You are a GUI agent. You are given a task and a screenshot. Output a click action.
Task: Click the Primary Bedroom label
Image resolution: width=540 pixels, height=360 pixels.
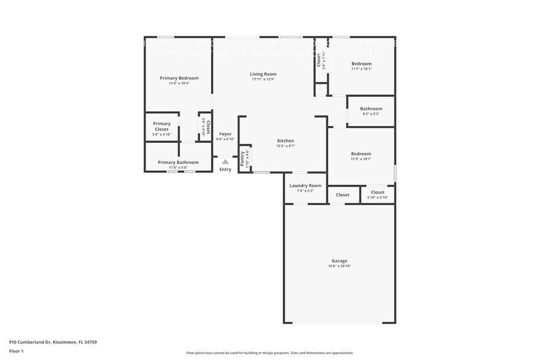point(179,78)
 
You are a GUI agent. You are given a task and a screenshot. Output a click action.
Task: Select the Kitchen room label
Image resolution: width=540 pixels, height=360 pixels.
point(285,141)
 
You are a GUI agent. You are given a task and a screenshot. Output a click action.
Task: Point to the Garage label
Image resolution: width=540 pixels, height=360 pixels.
point(340,261)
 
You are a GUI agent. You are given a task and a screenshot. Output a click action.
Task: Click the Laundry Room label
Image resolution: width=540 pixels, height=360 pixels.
point(306,186)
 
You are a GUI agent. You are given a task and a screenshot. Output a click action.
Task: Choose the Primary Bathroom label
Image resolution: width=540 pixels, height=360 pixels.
point(178,162)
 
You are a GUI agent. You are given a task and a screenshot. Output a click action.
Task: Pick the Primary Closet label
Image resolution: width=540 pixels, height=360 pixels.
point(162,126)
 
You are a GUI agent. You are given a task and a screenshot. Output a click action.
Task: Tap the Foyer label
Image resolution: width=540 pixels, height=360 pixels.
point(225,133)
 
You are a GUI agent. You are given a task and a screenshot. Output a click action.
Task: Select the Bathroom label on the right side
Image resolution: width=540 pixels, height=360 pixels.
point(371,109)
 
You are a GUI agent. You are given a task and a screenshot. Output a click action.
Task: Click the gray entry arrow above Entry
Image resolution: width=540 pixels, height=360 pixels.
point(225,162)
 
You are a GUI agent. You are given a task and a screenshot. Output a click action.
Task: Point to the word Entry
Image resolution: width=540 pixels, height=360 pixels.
point(225,170)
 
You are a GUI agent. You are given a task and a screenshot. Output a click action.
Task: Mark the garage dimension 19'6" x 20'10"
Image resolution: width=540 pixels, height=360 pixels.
point(340,266)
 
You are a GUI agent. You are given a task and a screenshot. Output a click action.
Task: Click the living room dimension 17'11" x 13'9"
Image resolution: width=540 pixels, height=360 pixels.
point(263,80)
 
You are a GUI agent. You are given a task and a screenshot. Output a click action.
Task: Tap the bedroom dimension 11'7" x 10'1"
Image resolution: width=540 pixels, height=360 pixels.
point(361,69)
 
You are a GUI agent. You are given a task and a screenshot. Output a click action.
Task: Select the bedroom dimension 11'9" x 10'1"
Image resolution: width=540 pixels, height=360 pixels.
point(361,159)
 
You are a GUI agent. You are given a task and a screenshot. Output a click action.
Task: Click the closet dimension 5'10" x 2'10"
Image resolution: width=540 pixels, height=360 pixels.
point(377,197)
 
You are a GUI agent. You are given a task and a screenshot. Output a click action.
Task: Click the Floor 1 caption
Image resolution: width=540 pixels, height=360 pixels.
point(16,351)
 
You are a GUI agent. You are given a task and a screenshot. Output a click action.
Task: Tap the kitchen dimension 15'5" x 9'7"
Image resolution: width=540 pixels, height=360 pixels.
point(285,146)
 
